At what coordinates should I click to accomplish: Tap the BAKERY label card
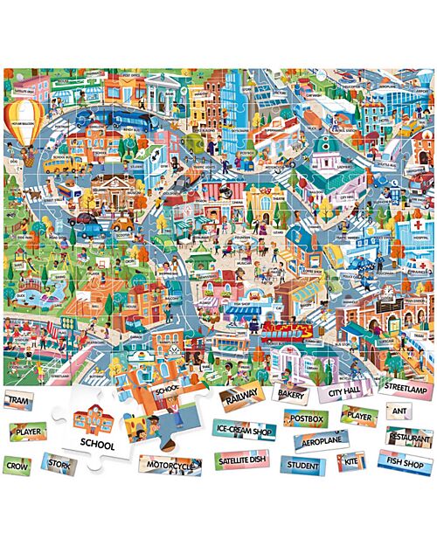point(292,394)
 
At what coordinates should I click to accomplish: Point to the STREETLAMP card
point(405,385)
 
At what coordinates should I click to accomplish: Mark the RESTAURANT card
point(409,434)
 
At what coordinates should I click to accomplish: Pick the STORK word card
point(59,463)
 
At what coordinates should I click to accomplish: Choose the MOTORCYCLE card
point(170,467)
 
